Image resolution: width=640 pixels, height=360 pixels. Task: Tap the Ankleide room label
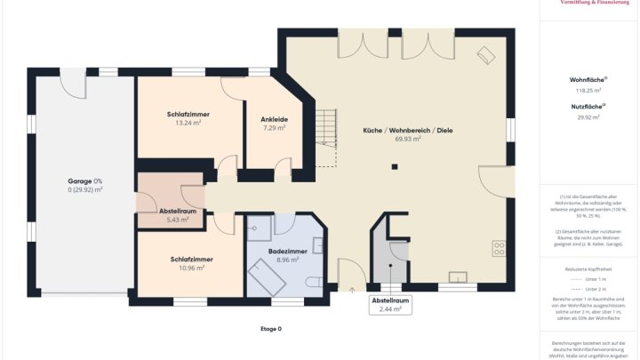[x=274, y=119]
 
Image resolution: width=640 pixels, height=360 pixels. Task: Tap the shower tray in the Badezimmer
[x=259, y=230]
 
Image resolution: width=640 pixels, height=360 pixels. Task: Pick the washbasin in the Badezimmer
[x=317, y=246]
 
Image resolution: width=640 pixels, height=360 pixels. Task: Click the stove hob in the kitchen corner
[x=499, y=248]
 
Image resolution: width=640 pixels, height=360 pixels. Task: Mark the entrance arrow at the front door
[x=352, y=287]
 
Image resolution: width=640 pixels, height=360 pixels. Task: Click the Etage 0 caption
[x=270, y=329]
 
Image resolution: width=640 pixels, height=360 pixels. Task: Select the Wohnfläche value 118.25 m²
[x=587, y=90]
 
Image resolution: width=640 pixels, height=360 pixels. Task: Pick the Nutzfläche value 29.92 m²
[x=587, y=116]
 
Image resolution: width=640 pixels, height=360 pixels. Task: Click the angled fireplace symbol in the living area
[x=486, y=55]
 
